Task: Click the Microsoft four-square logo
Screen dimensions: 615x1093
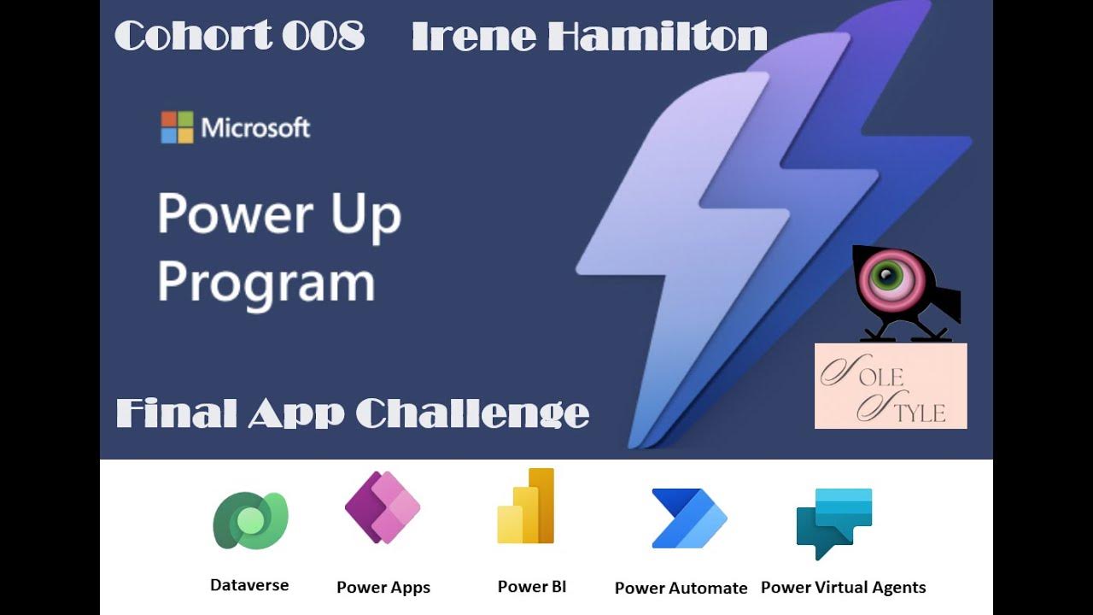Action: coord(177,127)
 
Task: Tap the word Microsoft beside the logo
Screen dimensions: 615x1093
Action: coord(255,128)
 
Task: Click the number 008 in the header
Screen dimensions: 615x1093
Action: coord(323,37)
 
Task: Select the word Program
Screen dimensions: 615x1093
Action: coord(266,282)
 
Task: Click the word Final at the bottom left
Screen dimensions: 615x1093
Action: coord(176,413)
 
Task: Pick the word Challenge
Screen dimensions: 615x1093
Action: coord(472,413)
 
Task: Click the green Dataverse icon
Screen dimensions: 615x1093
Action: coord(250,520)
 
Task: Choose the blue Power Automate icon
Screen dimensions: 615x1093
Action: coord(688,518)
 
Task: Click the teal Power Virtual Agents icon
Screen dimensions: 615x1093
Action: coord(834,522)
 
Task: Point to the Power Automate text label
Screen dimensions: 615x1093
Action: coord(681,588)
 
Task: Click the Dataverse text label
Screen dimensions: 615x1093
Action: coord(249,585)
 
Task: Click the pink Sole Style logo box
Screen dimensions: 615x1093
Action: coord(891,385)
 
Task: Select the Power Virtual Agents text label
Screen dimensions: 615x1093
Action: coord(843,588)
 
